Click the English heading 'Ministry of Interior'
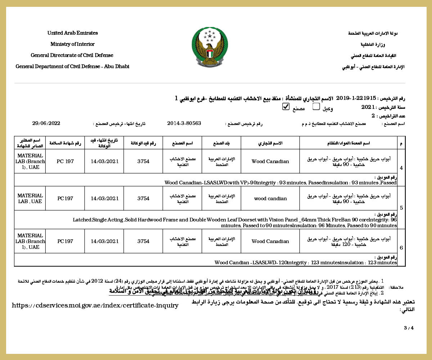pos(72,44)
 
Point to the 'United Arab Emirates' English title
pos(72,33)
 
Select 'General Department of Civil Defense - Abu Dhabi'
pos(72,67)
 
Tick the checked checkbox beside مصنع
pos(286,107)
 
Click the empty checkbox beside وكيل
pos(316,107)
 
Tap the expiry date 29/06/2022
pos(46,123)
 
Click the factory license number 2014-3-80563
pos(184,123)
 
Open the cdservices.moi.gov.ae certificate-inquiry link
pos(95,306)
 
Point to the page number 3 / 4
pos(409,328)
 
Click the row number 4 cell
pos(401,168)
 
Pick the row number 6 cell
pos(401,248)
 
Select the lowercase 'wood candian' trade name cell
pos(270,198)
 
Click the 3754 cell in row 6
pos(143,241)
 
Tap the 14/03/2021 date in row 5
pos(104,198)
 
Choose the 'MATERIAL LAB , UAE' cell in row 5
pos(30,198)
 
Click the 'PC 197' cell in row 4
pos(65,161)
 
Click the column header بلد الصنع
pos(221,143)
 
